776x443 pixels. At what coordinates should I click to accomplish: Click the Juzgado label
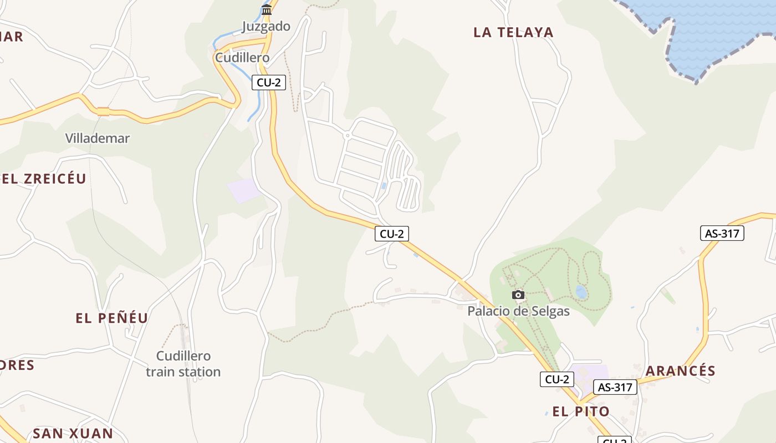(266, 26)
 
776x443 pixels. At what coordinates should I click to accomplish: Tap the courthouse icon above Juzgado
(267, 9)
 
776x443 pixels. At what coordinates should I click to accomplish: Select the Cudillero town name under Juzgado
(242, 57)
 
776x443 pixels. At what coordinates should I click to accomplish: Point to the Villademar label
(98, 138)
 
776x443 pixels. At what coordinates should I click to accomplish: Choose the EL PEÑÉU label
(112, 318)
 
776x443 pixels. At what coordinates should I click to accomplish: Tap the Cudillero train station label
(183, 364)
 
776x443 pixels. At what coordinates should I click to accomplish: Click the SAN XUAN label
(73, 433)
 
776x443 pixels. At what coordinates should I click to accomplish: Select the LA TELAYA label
(513, 32)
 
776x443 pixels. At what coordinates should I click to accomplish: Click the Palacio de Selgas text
(518, 311)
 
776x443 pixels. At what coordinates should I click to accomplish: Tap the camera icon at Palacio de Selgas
(518, 295)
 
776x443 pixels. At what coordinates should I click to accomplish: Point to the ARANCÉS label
(681, 370)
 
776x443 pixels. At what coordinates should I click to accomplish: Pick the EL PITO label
(581, 411)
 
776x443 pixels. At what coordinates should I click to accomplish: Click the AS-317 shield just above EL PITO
(615, 387)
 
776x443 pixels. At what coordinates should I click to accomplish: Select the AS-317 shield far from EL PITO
(722, 233)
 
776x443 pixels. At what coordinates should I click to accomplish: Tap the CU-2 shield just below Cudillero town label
(269, 83)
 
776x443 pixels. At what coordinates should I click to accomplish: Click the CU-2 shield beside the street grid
(392, 234)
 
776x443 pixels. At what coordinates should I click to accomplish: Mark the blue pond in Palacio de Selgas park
(581, 291)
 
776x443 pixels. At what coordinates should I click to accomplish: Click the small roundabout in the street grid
(347, 135)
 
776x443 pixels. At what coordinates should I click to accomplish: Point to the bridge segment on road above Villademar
(103, 111)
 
